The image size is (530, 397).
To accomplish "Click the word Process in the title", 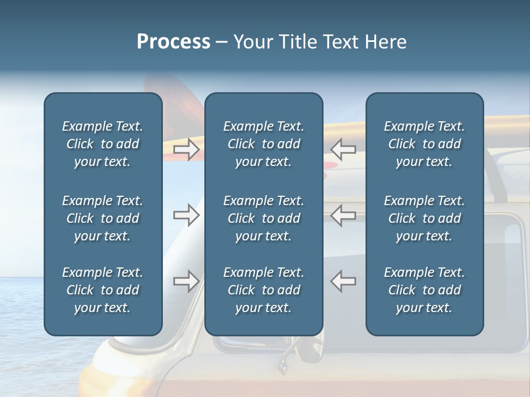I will pyautogui.click(x=173, y=42).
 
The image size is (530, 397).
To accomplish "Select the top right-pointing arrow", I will pyautogui.click(x=186, y=149).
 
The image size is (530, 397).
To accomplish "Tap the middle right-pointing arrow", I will pyautogui.click(x=186, y=215).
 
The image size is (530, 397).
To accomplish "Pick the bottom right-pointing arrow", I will pyautogui.click(x=186, y=281).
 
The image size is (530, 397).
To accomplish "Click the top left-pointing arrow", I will pyautogui.click(x=343, y=149).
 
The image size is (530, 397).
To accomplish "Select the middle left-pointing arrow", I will pyautogui.click(x=343, y=215).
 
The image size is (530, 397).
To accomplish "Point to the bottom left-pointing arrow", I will pyautogui.click(x=343, y=281).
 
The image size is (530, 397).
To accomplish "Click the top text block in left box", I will pyautogui.click(x=103, y=144).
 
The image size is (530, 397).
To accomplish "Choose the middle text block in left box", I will pyautogui.click(x=103, y=218).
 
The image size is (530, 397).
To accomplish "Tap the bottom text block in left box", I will pyautogui.click(x=103, y=290).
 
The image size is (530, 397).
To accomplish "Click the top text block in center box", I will pyautogui.click(x=263, y=144).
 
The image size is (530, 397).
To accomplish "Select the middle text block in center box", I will pyautogui.click(x=263, y=218).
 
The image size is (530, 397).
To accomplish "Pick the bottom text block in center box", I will pyautogui.click(x=263, y=290).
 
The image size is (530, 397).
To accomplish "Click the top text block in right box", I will pyautogui.click(x=424, y=144).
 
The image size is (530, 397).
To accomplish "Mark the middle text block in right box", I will pyautogui.click(x=424, y=218).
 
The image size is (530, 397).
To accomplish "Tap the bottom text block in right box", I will pyautogui.click(x=424, y=290).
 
